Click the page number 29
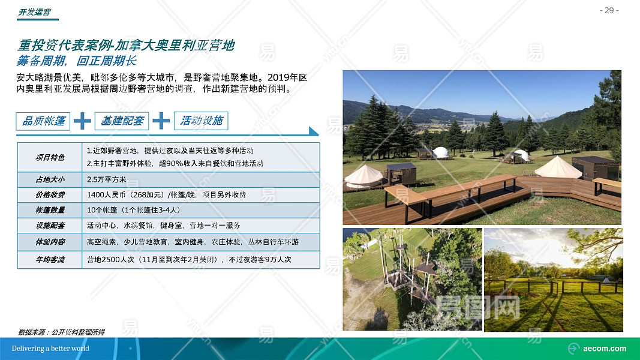(609, 10)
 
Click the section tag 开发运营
(34, 12)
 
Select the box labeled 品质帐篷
(43, 121)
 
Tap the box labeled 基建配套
(122, 121)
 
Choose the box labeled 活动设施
(201, 121)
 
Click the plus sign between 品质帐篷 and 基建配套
(82, 121)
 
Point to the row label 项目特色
(50, 157)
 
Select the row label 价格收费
(50, 194)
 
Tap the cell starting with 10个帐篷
(134, 210)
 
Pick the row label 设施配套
(50, 226)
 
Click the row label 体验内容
(50, 242)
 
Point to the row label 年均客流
(50, 260)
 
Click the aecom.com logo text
(605, 349)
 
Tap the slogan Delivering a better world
(50, 349)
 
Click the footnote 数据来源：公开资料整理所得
(61, 332)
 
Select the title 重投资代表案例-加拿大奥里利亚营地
(126, 45)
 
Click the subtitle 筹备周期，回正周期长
(76, 61)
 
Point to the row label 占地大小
(50, 179)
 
